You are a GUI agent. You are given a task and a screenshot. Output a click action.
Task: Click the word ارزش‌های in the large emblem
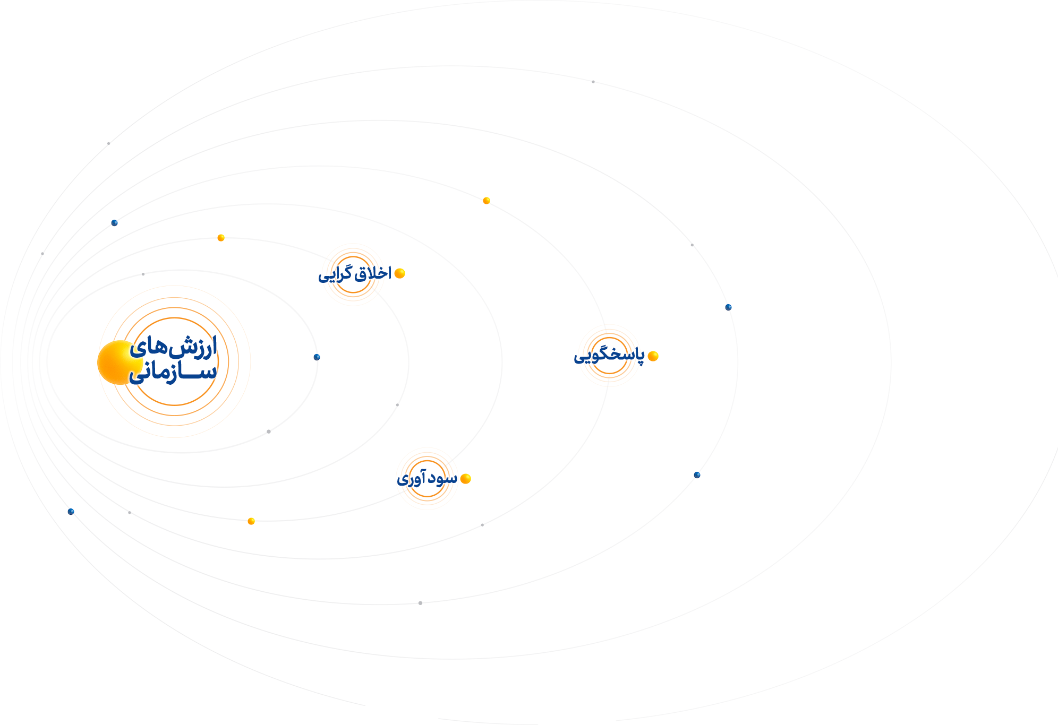coord(174,347)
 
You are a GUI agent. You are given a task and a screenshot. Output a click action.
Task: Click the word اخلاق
coord(373,273)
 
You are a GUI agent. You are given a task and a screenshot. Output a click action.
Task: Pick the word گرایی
coord(336,274)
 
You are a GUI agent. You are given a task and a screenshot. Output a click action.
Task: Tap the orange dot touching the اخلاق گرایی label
coord(400,273)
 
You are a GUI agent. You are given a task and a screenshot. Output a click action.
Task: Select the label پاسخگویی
coord(609,356)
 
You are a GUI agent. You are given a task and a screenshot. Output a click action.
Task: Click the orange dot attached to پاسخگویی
coord(653,356)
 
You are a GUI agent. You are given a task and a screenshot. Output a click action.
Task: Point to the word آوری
coord(410,479)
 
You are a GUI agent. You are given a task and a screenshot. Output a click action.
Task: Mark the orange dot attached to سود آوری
coord(466,479)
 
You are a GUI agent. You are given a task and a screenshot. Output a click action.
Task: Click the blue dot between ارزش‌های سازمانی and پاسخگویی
coord(317,357)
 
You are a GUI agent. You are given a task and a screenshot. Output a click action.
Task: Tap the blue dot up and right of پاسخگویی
coord(728,307)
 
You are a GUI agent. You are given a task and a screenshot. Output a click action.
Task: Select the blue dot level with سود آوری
coord(697,475)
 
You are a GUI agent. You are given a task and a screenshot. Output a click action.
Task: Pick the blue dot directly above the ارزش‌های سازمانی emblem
coord(114,223)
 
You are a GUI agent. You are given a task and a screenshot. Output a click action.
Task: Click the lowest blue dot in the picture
coord(71,512)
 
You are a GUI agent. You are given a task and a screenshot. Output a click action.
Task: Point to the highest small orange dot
coord(487,201)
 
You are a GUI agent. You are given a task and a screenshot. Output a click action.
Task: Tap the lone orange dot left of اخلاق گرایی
coord(221,238)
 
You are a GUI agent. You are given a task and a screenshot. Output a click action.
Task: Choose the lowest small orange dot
coord(251,521)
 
